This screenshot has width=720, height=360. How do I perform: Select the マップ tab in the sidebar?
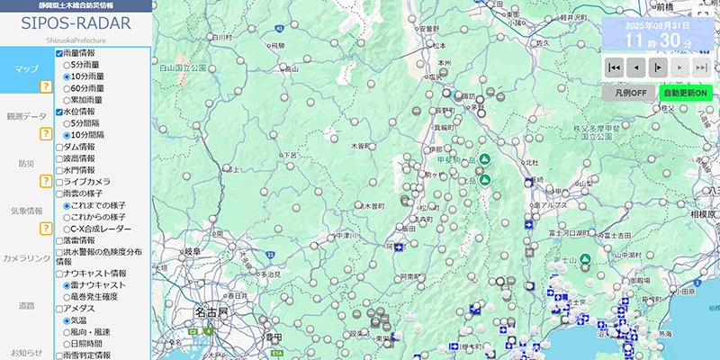(x=27, y=68)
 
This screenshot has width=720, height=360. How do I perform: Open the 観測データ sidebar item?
(x=26, y=116)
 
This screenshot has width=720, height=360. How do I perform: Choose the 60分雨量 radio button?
(x=67, y=88)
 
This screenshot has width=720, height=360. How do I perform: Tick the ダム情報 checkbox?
(x=60, y=147)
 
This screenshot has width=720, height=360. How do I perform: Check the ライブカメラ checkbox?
(x=60, y=182)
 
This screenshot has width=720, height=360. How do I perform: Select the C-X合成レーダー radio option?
(x=67, y=229)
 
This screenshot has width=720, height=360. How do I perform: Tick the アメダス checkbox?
(x=60, y=308)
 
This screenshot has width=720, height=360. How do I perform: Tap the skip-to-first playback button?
(x=614, y=67)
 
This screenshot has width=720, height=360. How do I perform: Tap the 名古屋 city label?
(x=212, y=313)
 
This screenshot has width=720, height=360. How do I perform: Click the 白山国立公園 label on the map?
(x=184, y=67)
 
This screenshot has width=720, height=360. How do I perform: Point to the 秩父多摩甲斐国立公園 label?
(x=598, y=135)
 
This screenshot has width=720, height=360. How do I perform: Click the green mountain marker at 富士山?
(x=585, y=261)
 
